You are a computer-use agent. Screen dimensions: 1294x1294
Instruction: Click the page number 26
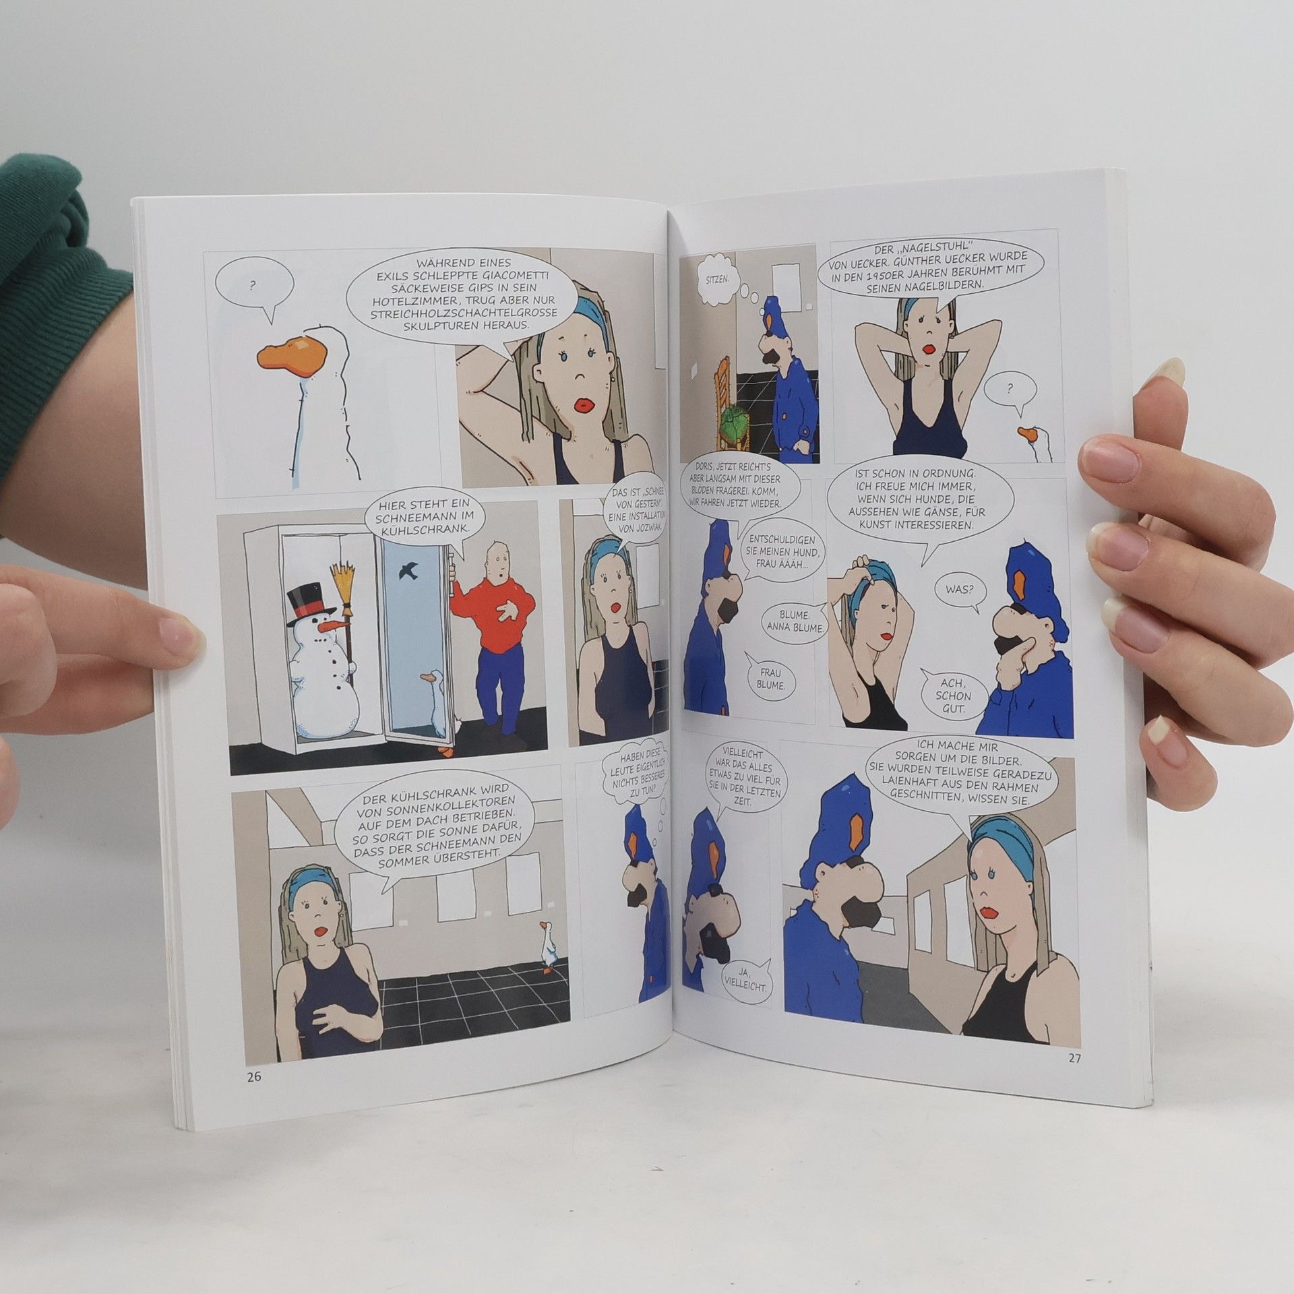coord(253,1076)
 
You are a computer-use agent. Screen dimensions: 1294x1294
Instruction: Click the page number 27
coord(1074,1058)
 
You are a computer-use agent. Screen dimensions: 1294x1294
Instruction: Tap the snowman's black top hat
coord(311,603)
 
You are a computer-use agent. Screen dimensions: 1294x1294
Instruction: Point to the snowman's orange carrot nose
coord(333,626)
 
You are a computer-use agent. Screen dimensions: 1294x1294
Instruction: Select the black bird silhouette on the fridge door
coord(408,569)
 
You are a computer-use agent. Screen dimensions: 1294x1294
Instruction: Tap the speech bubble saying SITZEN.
coord(716,276)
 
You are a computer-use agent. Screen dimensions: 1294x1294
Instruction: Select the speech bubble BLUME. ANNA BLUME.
coord(795,620)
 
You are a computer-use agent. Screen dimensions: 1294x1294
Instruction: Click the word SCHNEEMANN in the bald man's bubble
coord(417,516)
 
